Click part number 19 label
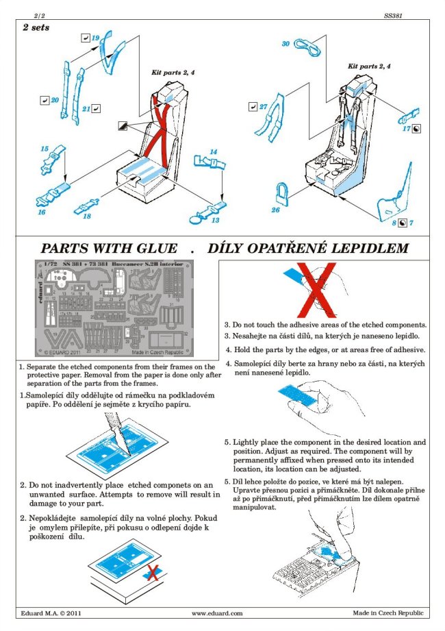point(96,37)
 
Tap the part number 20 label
point(55,101)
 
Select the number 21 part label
point(86,108)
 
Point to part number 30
point(285,44)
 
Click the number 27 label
point(263,107)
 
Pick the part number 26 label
point(275,210)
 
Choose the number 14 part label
point(213,151)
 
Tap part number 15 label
point(44,149)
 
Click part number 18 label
point(87,216)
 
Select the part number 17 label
point(406,128)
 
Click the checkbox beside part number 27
point(253,107)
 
